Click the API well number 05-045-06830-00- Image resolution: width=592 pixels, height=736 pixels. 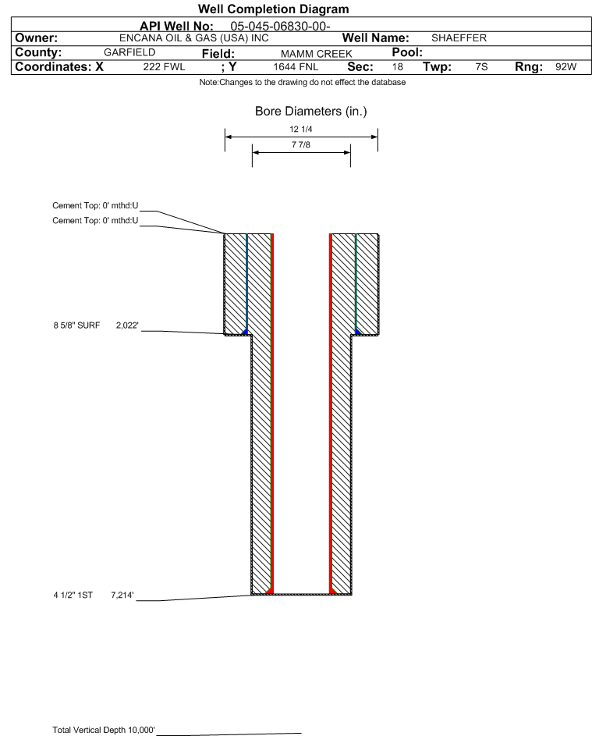point(280,27)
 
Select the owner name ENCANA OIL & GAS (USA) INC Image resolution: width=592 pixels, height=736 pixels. point(194,38)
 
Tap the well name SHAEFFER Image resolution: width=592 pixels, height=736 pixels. point(459,38)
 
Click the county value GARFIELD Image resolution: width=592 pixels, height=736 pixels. point(129,52)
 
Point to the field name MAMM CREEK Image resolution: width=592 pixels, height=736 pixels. point(316,54)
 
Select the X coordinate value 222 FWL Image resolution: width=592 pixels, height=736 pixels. point(164,67)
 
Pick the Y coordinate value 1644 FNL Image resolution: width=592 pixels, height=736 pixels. point(296,67)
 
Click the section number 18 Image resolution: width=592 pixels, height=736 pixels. point(397,67)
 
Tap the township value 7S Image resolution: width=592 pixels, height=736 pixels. point(481,67)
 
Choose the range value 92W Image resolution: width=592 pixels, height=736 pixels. point(565,67)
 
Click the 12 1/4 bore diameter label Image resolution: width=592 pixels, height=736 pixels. point(301,129)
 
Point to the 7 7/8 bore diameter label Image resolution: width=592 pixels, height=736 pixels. point(301,144)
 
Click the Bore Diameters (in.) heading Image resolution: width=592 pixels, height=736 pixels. point(311,112)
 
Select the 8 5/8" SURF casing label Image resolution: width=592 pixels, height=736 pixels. point(76,325)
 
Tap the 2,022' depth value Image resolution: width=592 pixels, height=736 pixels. point(127,325)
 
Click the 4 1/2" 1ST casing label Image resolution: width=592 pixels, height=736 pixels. point(73,596)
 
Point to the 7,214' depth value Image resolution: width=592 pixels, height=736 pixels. point(122,596)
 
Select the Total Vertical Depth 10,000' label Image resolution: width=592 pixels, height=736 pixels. point(104,730)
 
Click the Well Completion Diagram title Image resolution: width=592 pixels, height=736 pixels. point(274,9)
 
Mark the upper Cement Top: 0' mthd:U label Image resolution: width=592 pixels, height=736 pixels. point(95,205)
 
